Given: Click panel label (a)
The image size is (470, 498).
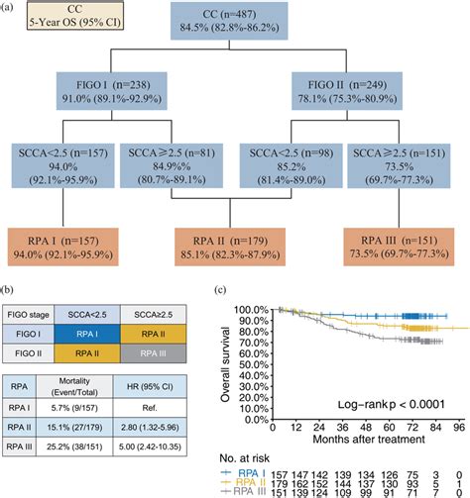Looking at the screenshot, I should tap(10, 8).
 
